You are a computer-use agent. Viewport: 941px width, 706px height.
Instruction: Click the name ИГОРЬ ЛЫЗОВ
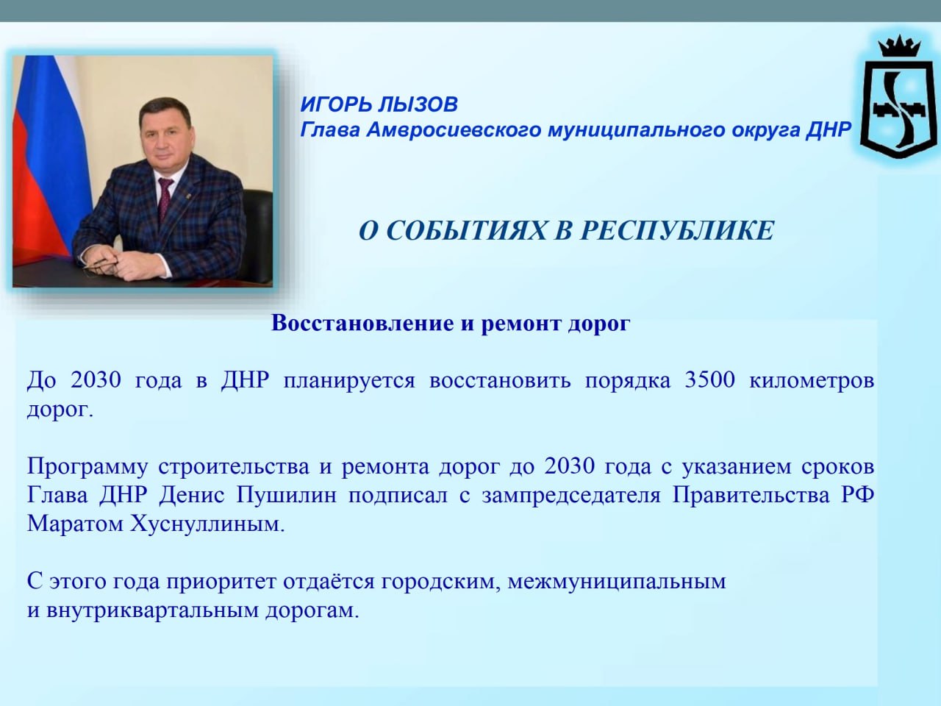pos(379,104)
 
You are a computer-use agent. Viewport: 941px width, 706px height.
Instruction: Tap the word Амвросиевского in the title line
pos(453,129)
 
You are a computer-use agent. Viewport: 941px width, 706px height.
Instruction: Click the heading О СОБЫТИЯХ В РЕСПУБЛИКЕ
pos(566,231)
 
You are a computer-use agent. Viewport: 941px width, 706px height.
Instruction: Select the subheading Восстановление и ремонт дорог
pos(451,324)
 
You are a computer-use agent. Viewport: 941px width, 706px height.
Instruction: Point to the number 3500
pos(709,379)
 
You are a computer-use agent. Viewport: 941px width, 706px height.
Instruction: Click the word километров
pos(812,380)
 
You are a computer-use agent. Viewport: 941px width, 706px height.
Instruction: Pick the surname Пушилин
pos(287,496)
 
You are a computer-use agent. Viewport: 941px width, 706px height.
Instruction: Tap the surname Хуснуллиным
pos(207,524)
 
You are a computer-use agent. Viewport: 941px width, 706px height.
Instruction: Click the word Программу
pos(87,467)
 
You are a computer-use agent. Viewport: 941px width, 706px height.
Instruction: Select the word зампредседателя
pos(571,496)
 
